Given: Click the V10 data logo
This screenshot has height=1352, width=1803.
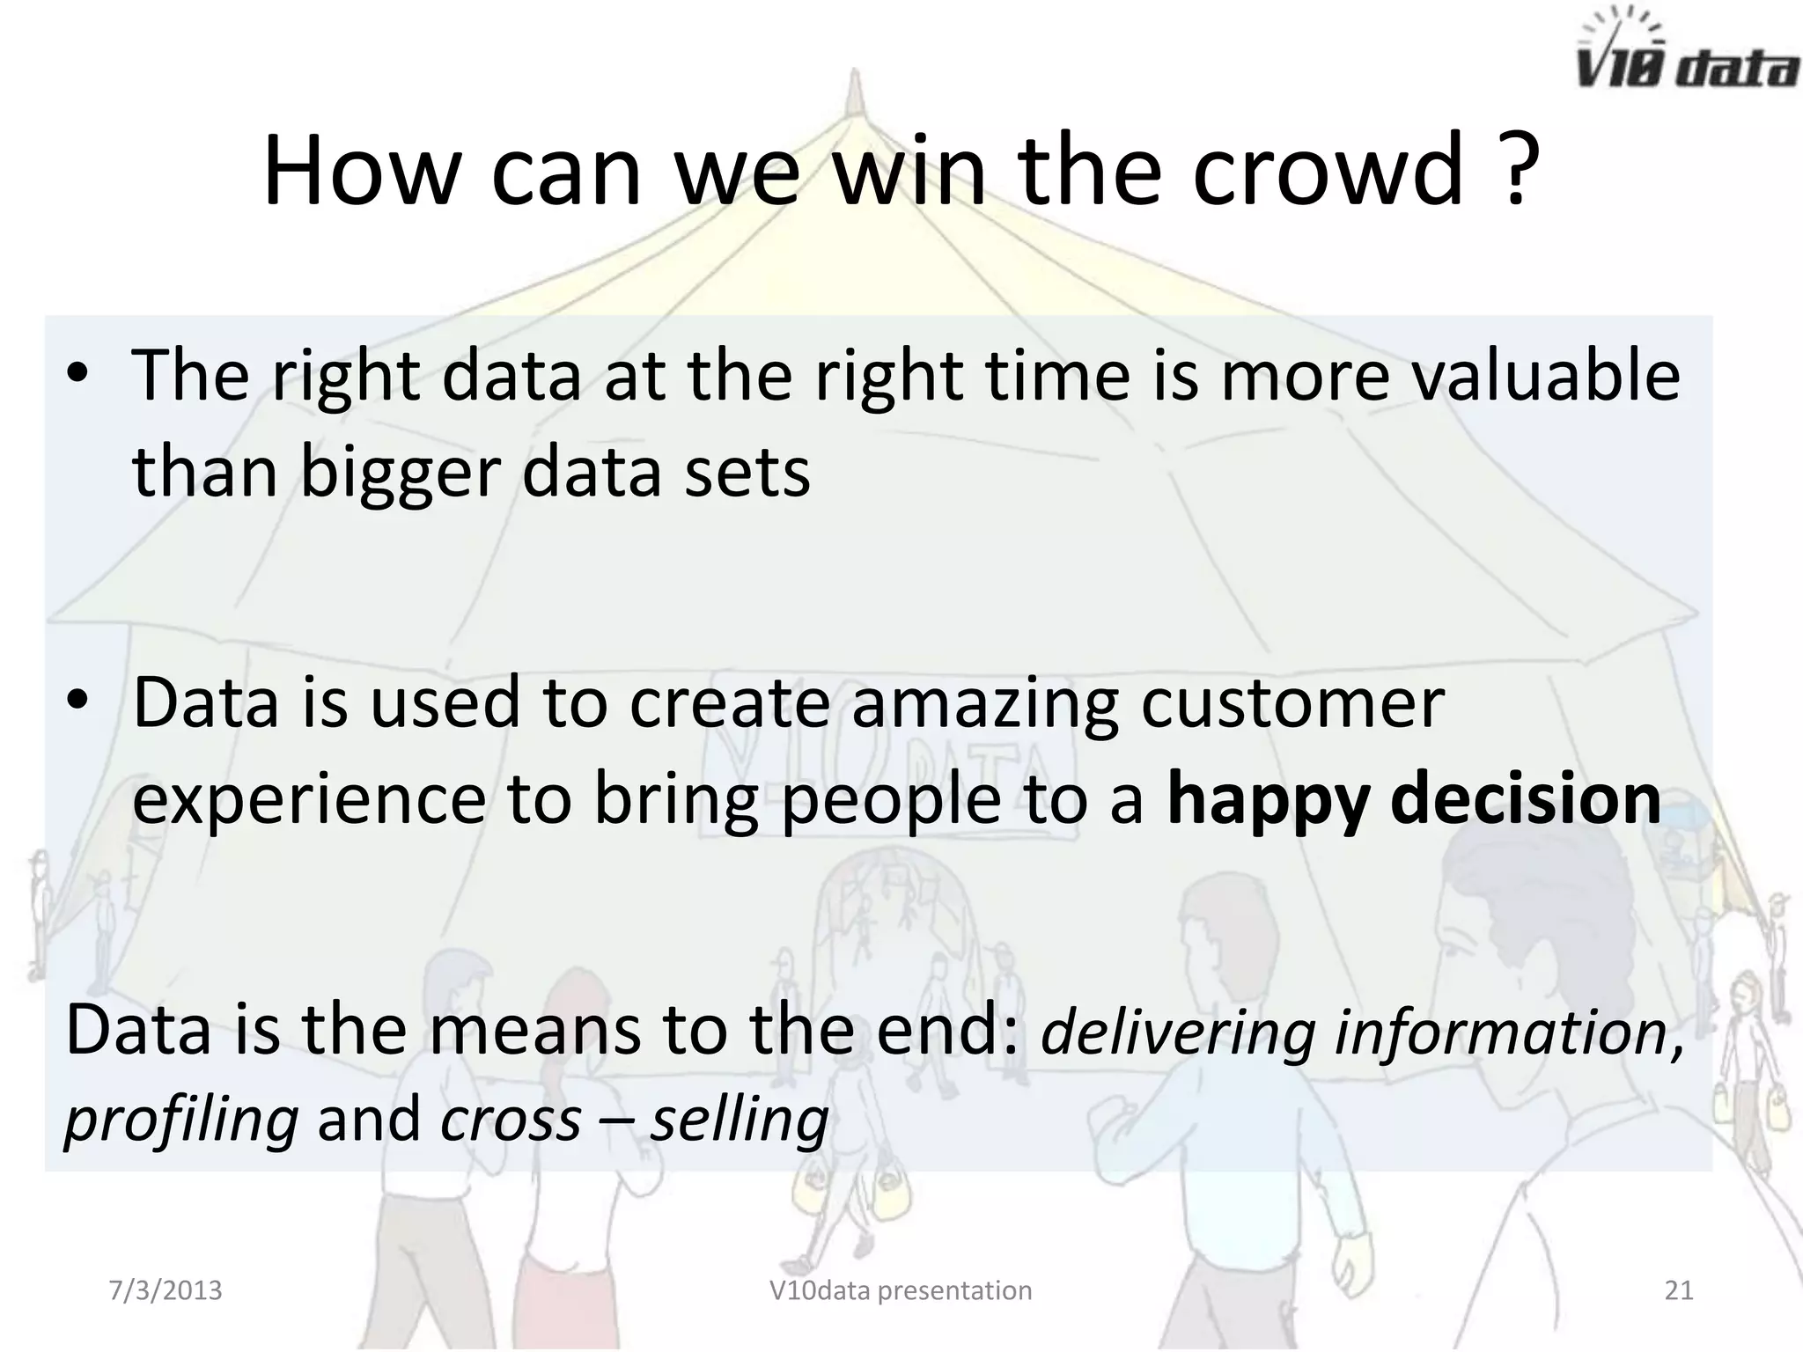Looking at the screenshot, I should tap(1685, 53).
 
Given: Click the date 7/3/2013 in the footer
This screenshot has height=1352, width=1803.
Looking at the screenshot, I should tap(166, 1290).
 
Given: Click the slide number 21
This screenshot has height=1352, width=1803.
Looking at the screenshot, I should tap(1679, 1290).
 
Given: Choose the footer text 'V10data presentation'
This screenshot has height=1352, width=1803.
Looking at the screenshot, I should tap(901, 1290).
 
